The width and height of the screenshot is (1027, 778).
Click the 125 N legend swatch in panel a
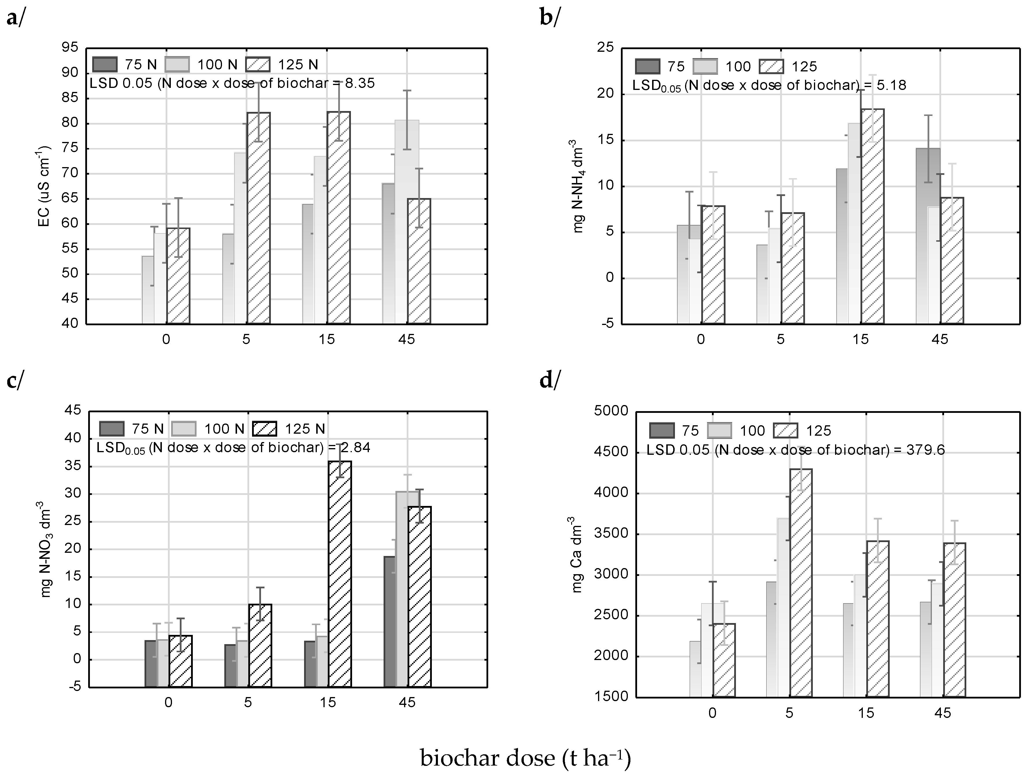tap(258, 64)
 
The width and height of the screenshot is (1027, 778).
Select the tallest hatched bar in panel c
tap(340, 574)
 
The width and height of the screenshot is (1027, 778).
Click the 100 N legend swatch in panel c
tap(185, 428)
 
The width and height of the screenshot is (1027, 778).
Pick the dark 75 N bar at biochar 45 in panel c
tap(390, 622)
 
